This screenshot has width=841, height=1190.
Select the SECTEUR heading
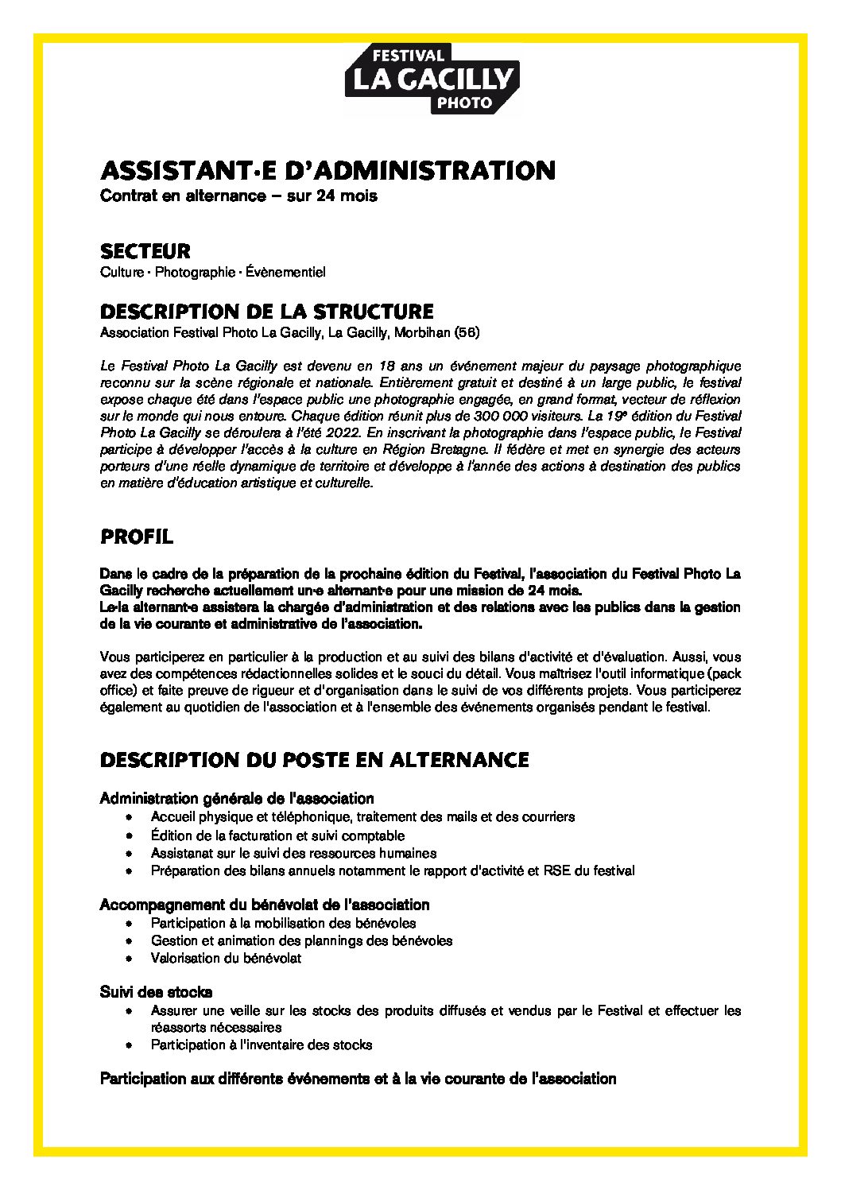[145, 251]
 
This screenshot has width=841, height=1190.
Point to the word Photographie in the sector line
[192, 273]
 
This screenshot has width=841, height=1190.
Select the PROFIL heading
[137, 537]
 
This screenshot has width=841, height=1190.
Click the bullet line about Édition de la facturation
[277, 835]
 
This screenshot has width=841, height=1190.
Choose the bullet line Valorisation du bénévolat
[226, 958]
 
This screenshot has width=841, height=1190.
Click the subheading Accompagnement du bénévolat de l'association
[265, 905]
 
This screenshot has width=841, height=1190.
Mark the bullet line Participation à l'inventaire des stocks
[261, 1045]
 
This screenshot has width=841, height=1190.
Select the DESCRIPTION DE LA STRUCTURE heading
[267, 311]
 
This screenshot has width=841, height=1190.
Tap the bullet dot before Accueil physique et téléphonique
[129, 817]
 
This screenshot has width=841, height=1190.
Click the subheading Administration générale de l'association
[237, 798]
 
